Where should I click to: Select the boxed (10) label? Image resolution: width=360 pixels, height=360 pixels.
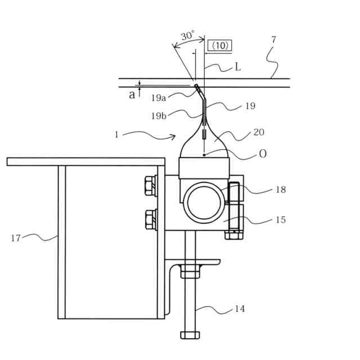[220, 46]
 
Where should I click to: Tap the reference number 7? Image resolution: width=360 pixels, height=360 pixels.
[273, 40]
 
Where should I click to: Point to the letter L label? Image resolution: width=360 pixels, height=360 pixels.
[238, 67]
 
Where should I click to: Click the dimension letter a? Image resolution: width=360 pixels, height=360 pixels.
[132, 94]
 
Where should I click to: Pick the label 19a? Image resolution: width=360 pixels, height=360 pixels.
[159, 98]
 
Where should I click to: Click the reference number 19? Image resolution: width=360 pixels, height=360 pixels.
[250, 106]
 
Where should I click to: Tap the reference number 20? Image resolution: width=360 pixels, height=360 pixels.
[259, 132]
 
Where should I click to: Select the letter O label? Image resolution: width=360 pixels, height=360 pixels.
[263, 153]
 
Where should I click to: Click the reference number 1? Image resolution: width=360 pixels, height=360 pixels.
[116, 134]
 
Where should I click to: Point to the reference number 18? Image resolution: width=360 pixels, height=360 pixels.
[280, 190]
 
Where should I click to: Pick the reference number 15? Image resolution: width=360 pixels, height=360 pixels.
[280, 219]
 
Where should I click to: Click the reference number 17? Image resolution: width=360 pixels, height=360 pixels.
[16, 238]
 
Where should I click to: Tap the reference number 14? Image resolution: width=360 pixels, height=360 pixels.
[240, 309]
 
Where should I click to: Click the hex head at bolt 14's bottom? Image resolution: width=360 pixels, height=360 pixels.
[190, 335]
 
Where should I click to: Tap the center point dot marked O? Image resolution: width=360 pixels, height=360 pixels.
[204, 155]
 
